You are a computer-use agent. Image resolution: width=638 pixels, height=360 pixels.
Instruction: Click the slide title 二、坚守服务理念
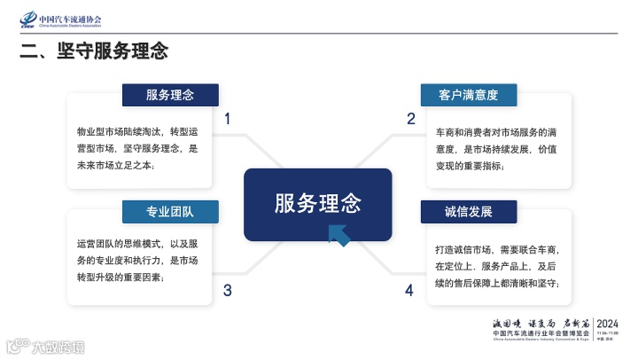coord(95,51)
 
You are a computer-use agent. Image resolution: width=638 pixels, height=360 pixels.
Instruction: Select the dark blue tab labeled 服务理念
coord(170,94)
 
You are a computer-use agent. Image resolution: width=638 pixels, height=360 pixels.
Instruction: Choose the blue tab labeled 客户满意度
coord(468,94)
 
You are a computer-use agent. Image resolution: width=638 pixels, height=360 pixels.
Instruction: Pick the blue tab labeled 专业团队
coord(170,211)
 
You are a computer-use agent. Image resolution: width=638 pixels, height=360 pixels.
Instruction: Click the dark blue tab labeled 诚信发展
coord(468,211)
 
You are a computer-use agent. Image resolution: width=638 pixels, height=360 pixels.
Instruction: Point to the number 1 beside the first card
coord(228,119)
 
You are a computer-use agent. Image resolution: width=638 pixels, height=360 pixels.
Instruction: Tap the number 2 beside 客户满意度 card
coord(410,119)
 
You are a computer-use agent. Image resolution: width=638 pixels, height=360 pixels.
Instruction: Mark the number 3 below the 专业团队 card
coord(228,290)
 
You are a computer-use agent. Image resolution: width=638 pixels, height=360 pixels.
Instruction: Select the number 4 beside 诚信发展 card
coord(409,290)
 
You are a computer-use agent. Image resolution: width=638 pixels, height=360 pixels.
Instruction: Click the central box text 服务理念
coord(318,203)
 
